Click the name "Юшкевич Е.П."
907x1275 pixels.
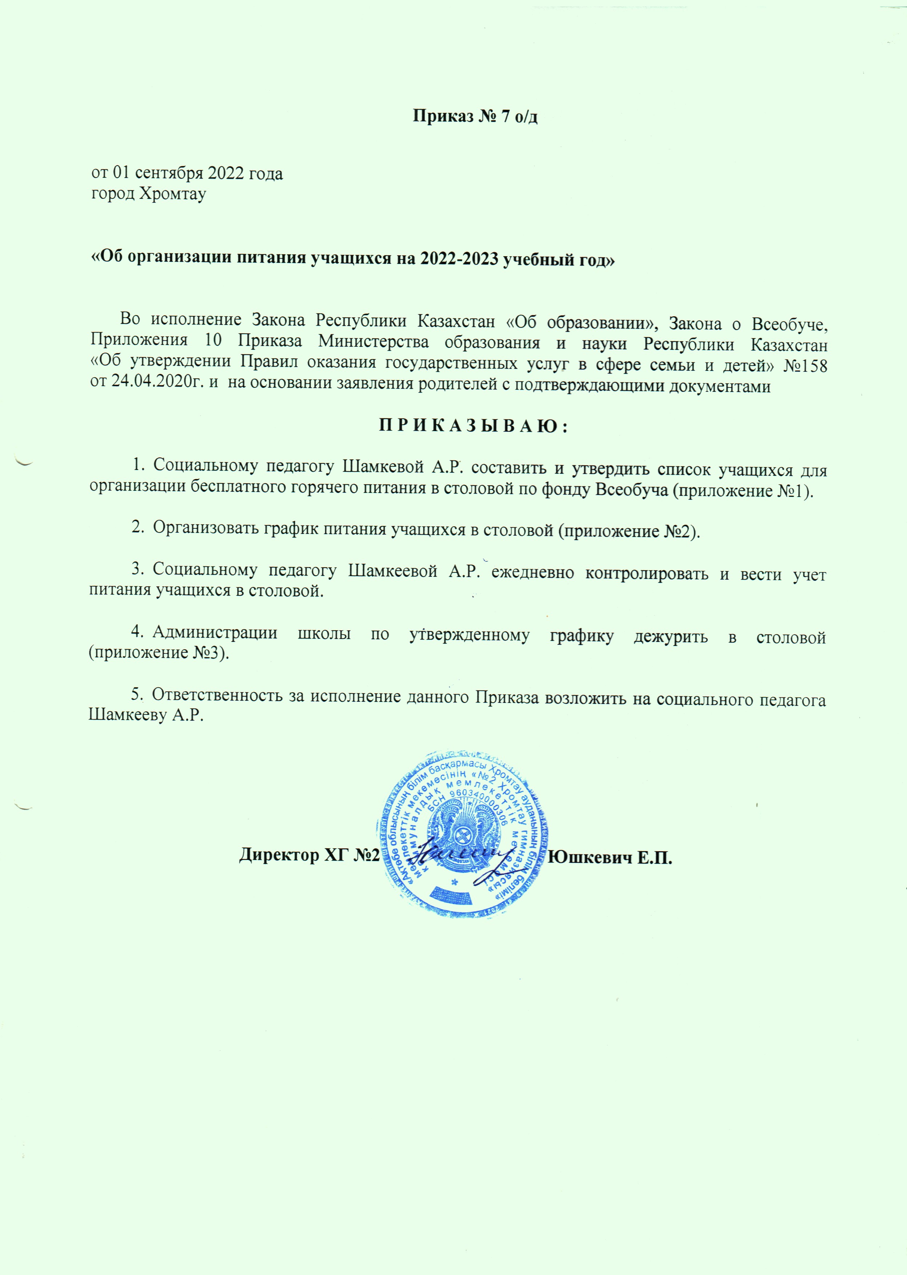click(x=611, y=872)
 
